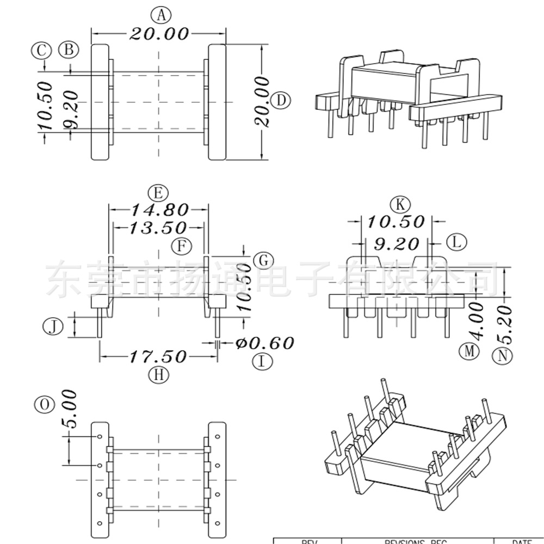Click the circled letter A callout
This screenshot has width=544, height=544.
point(160,15)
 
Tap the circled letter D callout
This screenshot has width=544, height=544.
point(281,101)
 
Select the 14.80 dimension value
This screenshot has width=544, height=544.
point(158,209)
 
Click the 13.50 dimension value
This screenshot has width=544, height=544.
point(157,227)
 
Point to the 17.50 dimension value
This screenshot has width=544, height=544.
point(158,357)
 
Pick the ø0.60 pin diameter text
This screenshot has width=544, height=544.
point(265,343)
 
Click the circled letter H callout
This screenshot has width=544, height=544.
point(158,374)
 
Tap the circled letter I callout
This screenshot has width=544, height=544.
point(263,361)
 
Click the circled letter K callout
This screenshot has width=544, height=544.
point(401,205)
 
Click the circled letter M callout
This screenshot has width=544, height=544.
point(469,351)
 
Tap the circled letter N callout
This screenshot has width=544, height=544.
point(502,356)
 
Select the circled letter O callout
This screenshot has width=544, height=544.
point(44,404)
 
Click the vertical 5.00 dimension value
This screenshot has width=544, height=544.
point(70,409)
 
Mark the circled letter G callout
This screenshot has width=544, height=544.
point(263,260)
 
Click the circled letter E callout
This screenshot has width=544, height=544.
point(158,193)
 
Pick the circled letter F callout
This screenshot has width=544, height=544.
point(182,246)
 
